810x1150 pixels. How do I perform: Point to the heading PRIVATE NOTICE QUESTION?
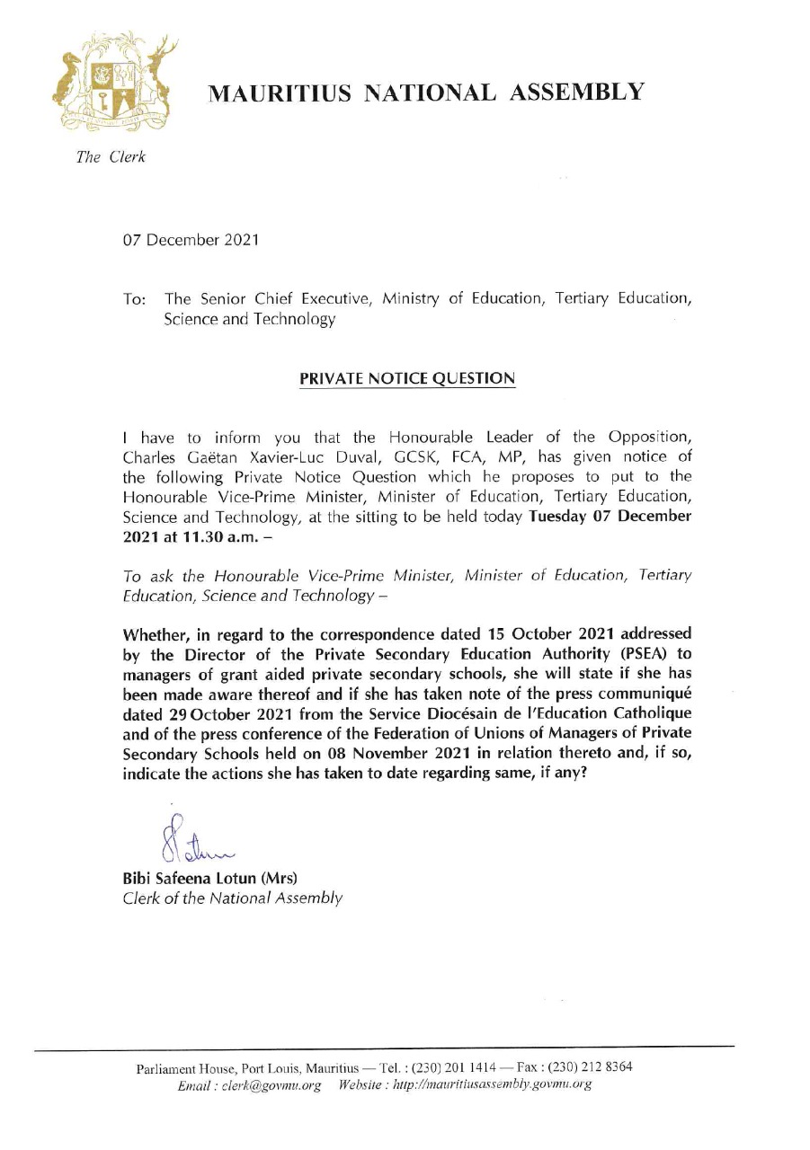coord(407,378)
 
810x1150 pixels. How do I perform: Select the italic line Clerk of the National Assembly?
coord(232,897)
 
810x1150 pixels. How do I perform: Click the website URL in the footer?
coord(487,1084)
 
